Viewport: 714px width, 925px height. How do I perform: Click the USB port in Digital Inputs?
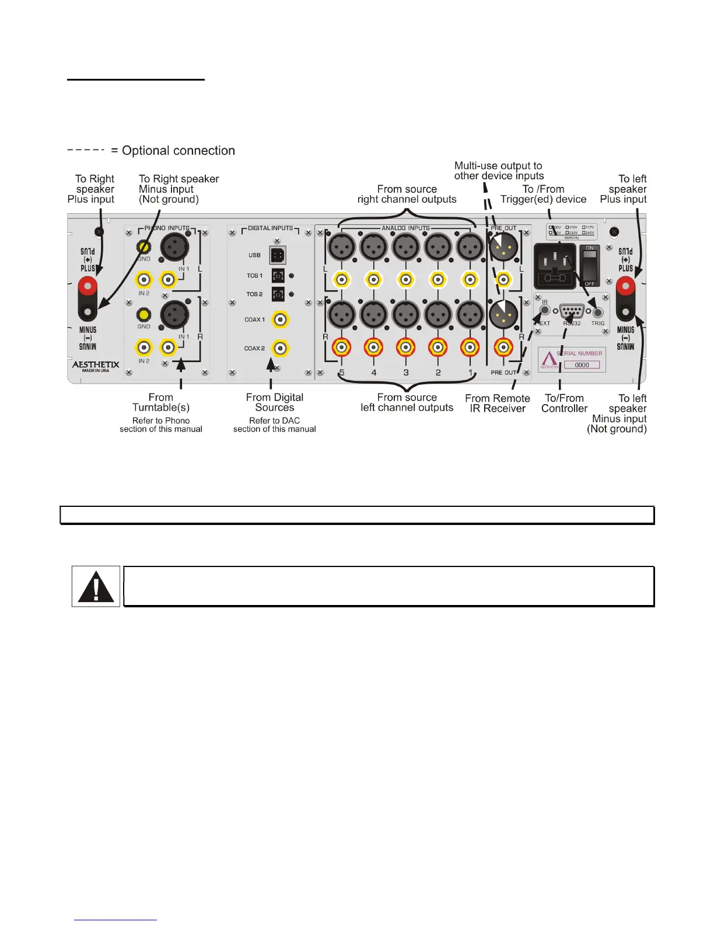tap(278, 255)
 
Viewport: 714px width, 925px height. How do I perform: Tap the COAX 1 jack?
tap(281, 319)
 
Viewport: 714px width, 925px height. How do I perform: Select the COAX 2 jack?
tap(281, 348)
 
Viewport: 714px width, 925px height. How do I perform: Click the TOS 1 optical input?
tap(278, 276)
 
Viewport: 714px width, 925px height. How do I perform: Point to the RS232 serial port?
tap(571, 311)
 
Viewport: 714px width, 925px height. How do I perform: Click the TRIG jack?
tap(597, 312)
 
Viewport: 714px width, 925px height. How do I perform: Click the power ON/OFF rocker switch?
tap(590, 266)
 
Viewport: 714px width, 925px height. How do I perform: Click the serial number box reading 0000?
tap(582, 365)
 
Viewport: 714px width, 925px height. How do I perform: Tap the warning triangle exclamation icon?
tap(96, 586)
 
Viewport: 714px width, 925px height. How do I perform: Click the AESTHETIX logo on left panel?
tap(96, 365)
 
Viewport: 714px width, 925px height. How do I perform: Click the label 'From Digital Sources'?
tap(275, 402)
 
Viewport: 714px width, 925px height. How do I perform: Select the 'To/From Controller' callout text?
tap(564, 403)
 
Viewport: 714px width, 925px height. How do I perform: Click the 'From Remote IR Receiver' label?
tap(498, 403)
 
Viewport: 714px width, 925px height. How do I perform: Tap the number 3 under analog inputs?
tap(406, 373)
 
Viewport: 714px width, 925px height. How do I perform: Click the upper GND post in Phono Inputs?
tap(143, 247)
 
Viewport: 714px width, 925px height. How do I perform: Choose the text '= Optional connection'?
tap(173, 151)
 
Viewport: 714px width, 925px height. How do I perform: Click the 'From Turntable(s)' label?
tap(161, 402)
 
